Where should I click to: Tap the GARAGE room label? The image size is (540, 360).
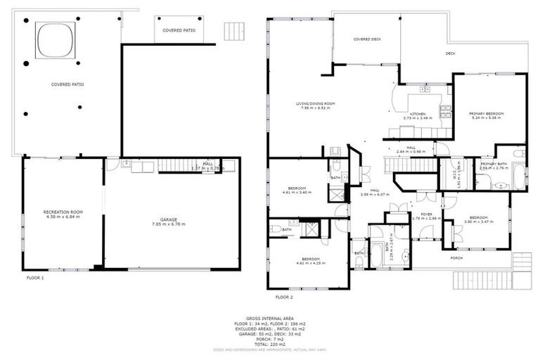click(168, 219)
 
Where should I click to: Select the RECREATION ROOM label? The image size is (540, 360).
click(63, 212)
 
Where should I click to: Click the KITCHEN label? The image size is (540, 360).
click(418, 113)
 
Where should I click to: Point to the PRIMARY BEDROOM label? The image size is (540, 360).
click(487, 113)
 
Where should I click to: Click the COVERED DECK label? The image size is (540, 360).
click(366, 39)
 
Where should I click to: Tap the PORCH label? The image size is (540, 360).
click(457, 257)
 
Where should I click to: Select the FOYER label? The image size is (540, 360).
click(426, 214)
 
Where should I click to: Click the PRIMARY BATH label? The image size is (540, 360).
click(494, 163)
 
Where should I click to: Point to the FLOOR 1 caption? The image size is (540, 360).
click(34, 278)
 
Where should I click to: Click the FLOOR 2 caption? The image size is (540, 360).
click(285, 288)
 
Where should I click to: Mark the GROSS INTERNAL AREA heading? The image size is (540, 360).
click(269, 318)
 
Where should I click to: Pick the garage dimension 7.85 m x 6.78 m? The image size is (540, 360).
click(168, 225)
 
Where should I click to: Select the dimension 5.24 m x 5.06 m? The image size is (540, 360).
click(487, 118)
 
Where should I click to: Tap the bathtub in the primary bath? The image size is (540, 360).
click(518, 176)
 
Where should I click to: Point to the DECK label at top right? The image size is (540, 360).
click(450, 53)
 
